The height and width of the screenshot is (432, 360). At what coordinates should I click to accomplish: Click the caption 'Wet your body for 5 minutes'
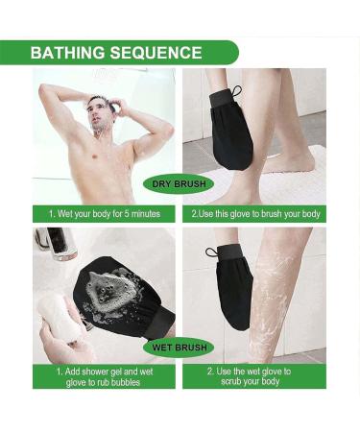coord(104,213)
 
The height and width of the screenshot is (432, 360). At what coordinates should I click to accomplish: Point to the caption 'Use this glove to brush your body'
coord(254,213)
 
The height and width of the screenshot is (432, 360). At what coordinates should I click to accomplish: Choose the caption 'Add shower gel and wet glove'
coord(104,375)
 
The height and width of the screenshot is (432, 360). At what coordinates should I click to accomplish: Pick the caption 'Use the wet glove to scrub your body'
coord(254,375)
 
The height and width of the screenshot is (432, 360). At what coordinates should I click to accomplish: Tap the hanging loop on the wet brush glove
coord(212,253)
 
